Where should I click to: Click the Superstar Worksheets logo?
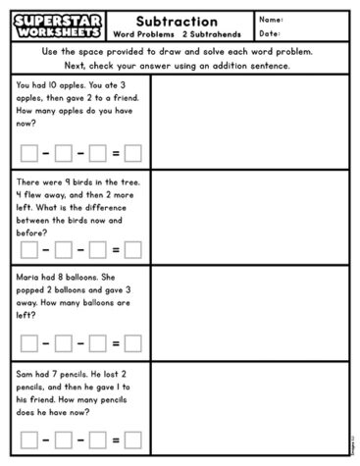coord(54,26)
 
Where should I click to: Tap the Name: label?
coord(271,19)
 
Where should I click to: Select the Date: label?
coord(270,33)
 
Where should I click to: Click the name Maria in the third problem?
coord(28,279)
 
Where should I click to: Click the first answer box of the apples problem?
coord(29,152)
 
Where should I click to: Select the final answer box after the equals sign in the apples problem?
coord(132,152)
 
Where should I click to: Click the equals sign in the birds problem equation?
coord(116,248)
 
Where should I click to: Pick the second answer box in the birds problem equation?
coord(64,248)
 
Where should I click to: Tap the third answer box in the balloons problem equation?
coord(98,344)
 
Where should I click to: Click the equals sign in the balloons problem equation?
coord(116,344)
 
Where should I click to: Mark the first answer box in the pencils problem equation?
coord(29,440)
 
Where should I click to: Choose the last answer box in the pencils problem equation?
coord(132,440)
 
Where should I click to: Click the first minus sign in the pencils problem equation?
coord(46,440)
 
